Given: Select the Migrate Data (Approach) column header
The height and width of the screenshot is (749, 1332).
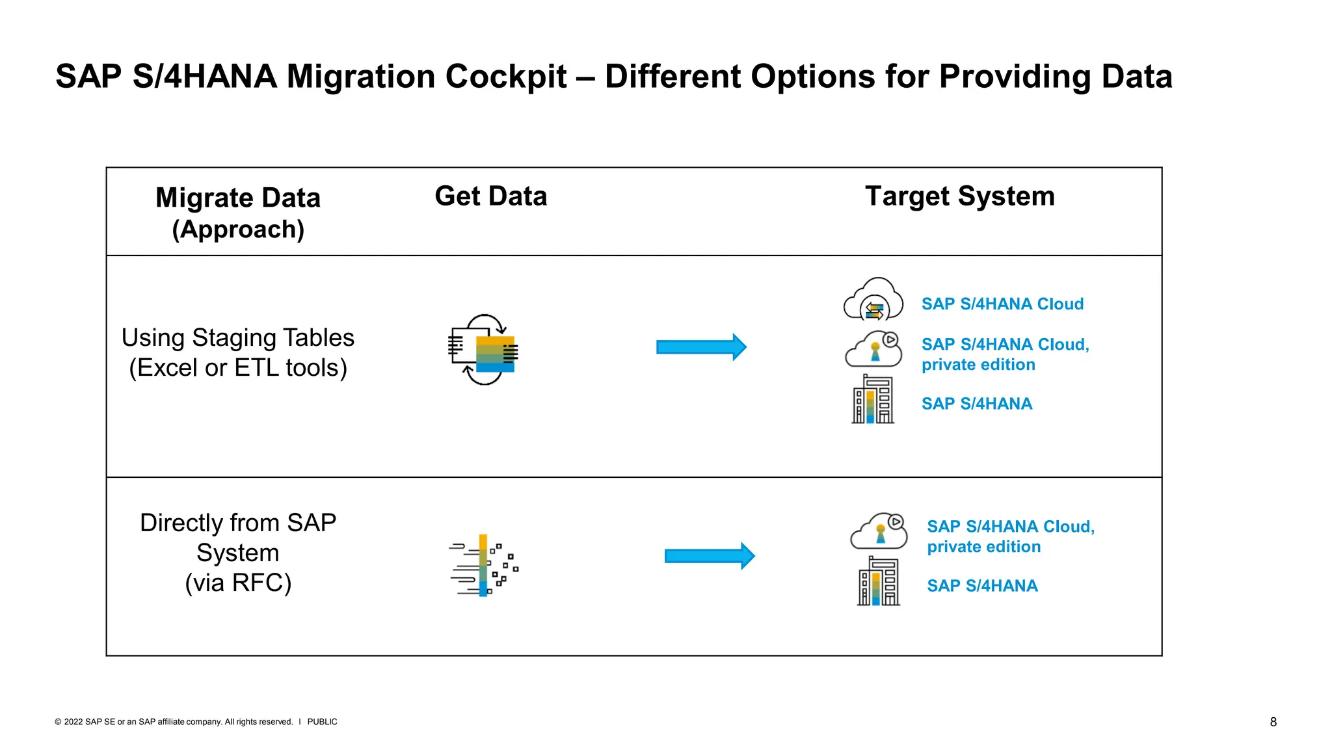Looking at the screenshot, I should click(238, 213).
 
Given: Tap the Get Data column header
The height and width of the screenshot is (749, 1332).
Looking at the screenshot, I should click(490, 196).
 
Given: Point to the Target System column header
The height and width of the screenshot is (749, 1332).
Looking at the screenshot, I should click(959, 196).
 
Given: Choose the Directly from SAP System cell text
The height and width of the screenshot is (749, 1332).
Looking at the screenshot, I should click(238, 553).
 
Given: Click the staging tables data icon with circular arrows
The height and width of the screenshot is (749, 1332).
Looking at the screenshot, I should click(484, 350).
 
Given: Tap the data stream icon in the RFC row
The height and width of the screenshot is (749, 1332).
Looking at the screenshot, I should click(484, 565).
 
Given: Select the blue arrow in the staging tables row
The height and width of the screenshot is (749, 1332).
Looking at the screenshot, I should click(701, 347).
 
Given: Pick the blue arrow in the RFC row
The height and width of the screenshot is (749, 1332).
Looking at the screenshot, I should click(710, 556).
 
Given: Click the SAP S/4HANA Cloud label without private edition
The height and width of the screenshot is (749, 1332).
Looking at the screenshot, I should click(1002, 304).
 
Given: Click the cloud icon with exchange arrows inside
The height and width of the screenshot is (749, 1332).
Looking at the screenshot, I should click(873, 300).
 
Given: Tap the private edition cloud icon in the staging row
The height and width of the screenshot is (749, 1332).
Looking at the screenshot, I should click(873, 350).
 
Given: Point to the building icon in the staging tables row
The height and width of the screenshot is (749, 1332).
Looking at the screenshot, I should click(873, 400).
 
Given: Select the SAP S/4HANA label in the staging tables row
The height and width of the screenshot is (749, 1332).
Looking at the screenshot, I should click(976, 404).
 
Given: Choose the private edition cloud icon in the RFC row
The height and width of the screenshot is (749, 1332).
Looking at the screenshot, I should click(879, 532).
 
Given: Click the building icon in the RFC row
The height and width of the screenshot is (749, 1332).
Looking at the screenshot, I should click(878, 582).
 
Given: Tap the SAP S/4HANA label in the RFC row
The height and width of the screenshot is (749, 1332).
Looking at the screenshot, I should click(982, 586).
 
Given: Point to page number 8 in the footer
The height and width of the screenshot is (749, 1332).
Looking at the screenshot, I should click(1273, 722).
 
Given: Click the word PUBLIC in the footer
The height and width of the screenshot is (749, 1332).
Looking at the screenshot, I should click(322, 722).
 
